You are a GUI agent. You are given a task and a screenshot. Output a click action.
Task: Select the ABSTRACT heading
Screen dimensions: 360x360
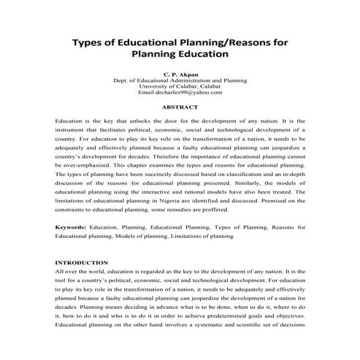(180, 106)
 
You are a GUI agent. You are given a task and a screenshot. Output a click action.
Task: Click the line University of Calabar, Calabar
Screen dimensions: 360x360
(180, 86)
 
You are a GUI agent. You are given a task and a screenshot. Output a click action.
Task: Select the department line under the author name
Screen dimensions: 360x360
(180, 80)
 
